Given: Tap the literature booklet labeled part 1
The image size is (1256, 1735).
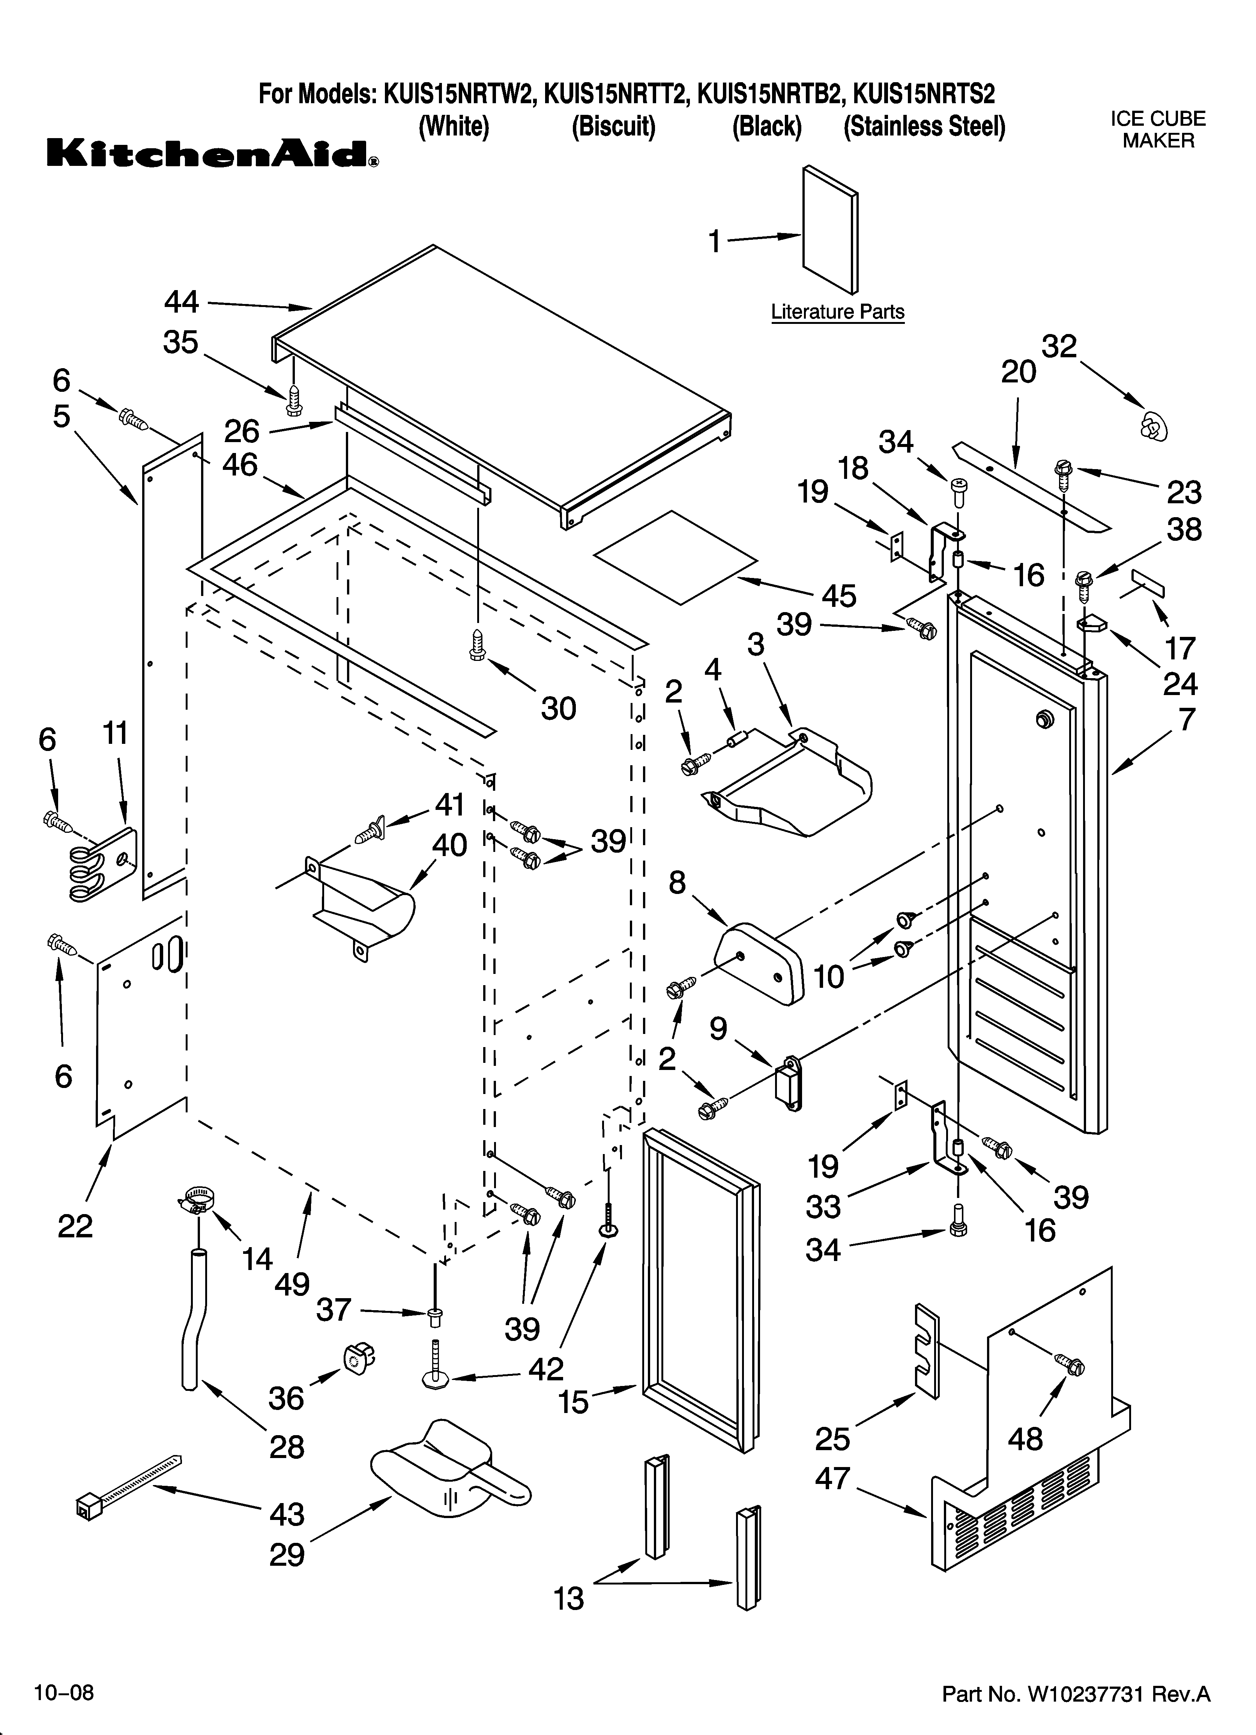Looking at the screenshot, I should tap(830, 230).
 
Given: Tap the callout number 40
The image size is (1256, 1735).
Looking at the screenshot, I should tap(450, 845).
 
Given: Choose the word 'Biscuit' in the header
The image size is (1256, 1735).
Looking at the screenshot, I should tap(613, 126).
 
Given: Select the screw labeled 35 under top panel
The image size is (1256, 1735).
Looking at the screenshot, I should tap(294, 399).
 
